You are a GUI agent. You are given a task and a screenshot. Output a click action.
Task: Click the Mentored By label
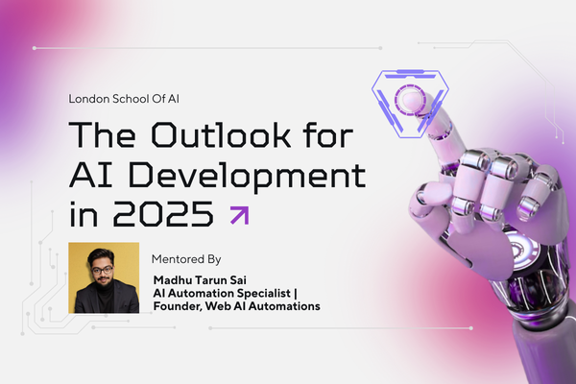pyautogui.click(x=185, y=259)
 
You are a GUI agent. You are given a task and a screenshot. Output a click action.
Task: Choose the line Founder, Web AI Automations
pyautogui.click(x=237, y=306)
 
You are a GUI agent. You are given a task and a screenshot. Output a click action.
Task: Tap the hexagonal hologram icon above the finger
pyautogui.click(x=403, y=91)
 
